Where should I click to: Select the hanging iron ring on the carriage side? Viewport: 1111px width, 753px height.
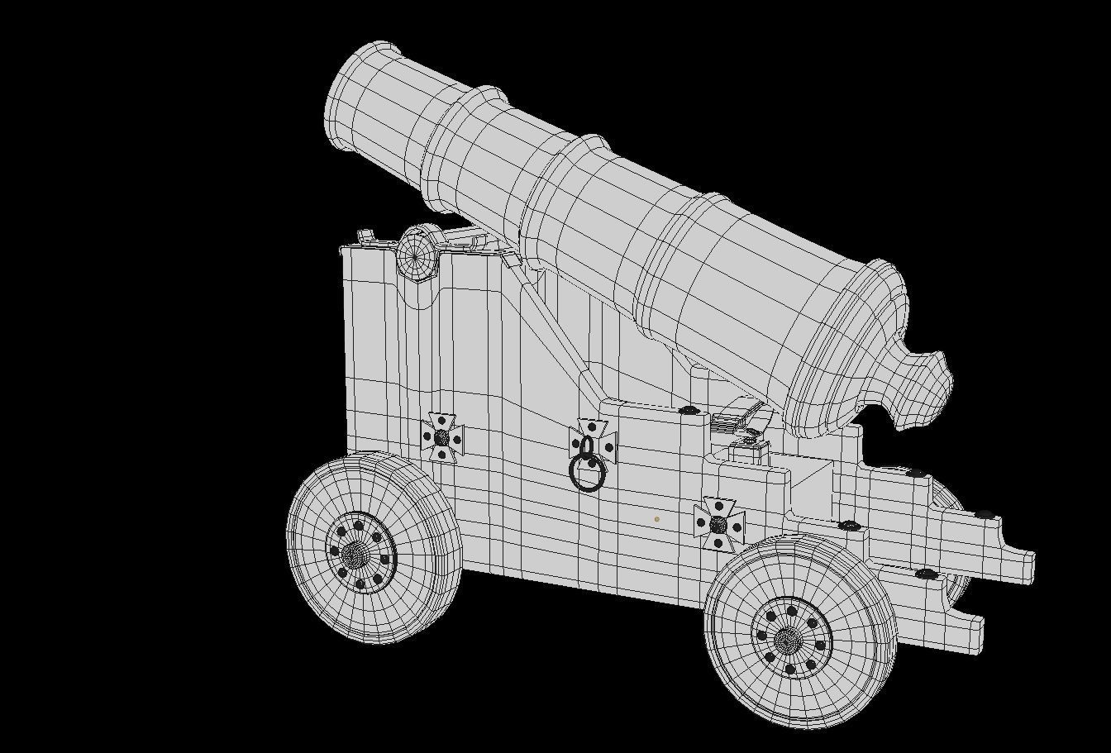588,474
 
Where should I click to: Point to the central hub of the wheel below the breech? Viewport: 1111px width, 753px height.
789,639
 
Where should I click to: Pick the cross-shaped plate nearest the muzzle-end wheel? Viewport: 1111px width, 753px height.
442,436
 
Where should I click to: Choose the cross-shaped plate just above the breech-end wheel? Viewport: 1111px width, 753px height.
718,524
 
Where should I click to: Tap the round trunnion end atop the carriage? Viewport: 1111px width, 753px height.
417,252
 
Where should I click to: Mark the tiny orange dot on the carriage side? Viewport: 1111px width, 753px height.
656,519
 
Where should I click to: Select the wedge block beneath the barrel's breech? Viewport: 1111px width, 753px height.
736,415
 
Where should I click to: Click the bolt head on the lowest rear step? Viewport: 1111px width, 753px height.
926,574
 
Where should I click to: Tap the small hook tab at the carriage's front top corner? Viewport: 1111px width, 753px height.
365,237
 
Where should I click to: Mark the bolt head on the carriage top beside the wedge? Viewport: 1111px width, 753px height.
688,410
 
